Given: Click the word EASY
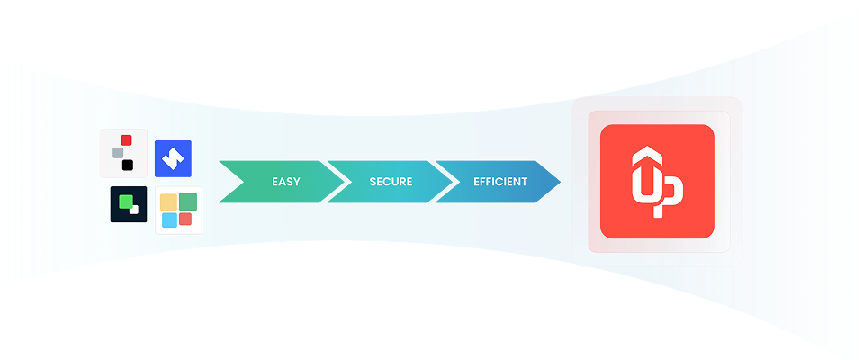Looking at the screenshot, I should click(x=286, y=182).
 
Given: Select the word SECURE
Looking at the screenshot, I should click(x=391, y=182).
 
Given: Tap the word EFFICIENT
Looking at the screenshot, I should click(x=500, y=182).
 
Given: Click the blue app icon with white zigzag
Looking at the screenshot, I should click(x=173, y=159).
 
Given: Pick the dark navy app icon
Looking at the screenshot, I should click(x=128, y=204).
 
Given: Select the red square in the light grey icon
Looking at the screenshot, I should click(x=127, y=139).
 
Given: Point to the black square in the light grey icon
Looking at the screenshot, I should click(x=129, y=165).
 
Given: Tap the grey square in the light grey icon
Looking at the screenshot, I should click(x=118, y=153).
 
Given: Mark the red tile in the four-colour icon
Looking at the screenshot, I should click(x=185, y=219).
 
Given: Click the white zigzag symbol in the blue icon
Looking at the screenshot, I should click(x=173, y=159).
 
